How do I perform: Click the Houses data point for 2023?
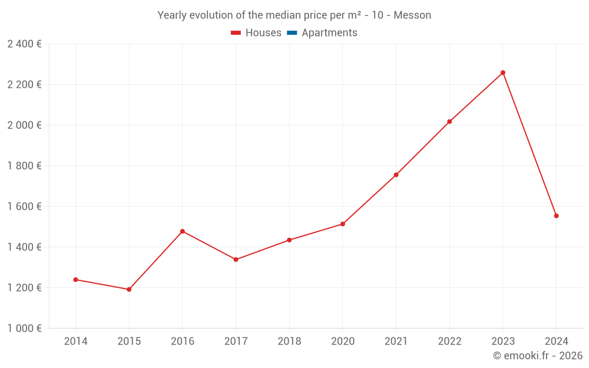click(502, 72)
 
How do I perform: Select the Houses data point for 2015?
click(129, 289)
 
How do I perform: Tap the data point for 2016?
click(182, 231)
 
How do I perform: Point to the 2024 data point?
click(556, 216)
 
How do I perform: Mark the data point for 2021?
click(396, 175)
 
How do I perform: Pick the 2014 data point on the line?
click(75, 280)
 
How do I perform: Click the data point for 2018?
click(289, 240)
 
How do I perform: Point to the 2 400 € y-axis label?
click(24, 44)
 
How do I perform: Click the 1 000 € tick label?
click(24, 329)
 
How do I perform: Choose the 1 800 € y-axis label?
click(24, 166)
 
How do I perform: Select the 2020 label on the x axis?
click(342, 342)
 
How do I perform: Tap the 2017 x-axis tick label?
click(236, 342)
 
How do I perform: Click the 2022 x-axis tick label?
click(449, 342)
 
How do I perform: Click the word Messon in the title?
click(412, 15)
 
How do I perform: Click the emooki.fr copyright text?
click(538, 356)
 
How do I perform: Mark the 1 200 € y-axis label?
click(24, 288)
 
